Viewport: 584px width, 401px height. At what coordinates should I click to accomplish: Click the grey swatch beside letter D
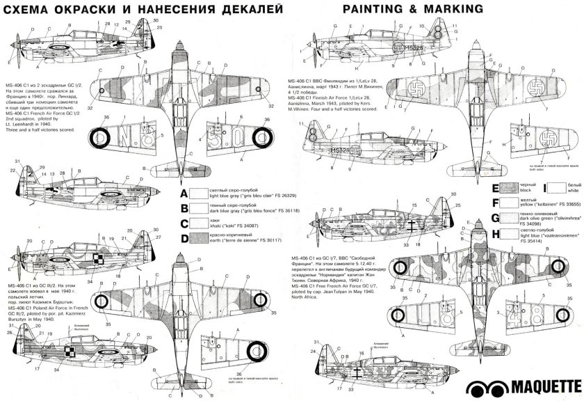tap(200, 239)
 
